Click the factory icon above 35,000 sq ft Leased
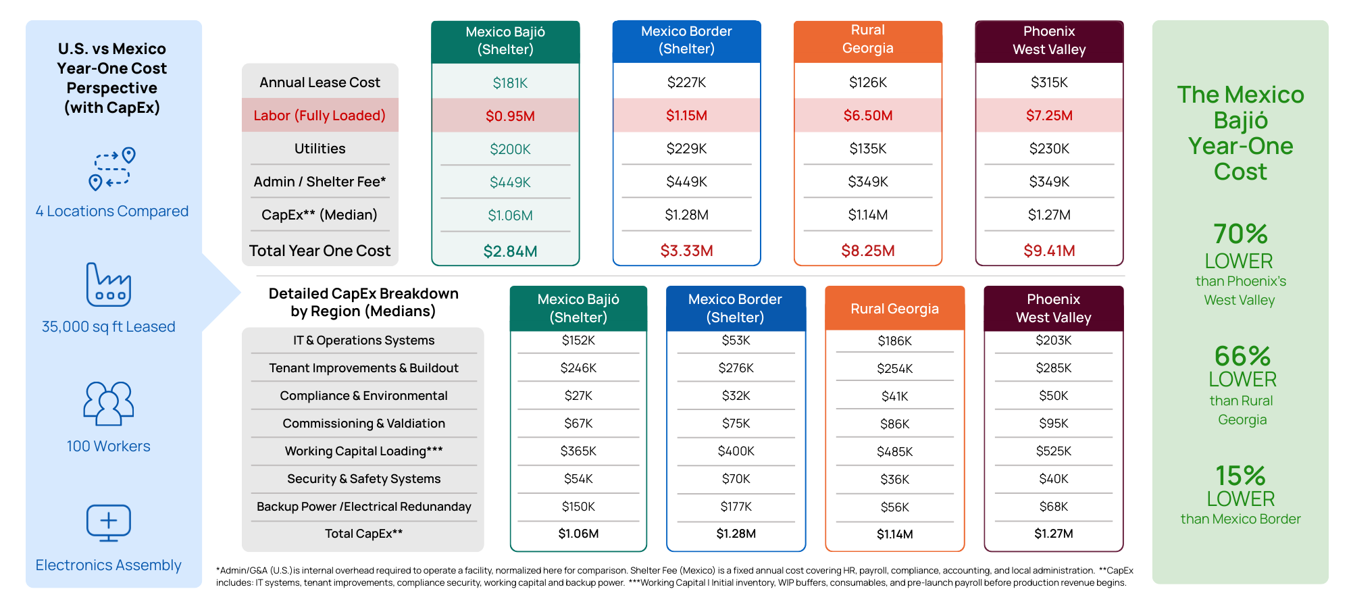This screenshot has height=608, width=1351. tap(109, 285)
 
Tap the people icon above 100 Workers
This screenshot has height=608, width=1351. tap(109, 403)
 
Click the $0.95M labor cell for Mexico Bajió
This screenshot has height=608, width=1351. tap(510, 116)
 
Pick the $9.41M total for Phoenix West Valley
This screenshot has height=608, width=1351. tap(1049, 251)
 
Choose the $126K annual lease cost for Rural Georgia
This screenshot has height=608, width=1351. tap(868, 82)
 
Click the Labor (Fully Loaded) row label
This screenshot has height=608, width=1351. tap(320, 116)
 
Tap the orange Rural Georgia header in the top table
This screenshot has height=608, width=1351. tap(868, 39)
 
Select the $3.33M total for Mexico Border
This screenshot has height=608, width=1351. tap(686, 251)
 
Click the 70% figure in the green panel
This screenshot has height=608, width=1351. tap(1240, 234)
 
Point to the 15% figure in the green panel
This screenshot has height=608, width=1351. tap(1240, 476)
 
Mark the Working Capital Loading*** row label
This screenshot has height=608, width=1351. tap(363, 451)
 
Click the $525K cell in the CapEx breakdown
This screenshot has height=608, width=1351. tap(1053, 451)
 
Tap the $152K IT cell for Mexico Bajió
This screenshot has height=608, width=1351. tap(578, 340)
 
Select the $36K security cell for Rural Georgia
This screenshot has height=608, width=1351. tap(894, 479)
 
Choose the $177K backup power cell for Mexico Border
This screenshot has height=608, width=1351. tap(736, 507)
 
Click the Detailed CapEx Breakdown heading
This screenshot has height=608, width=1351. tap(363, 302)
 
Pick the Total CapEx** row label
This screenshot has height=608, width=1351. tap(363, 534)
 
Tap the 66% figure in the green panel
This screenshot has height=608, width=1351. tap(1242, 356)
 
